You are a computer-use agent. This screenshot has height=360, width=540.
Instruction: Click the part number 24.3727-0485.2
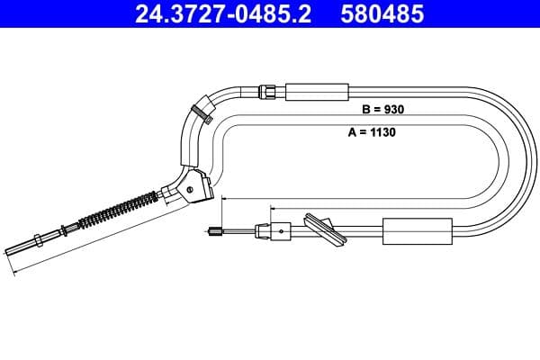[x=222, y=15]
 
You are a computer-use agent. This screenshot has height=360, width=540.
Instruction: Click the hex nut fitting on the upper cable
[x=267, y=90]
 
